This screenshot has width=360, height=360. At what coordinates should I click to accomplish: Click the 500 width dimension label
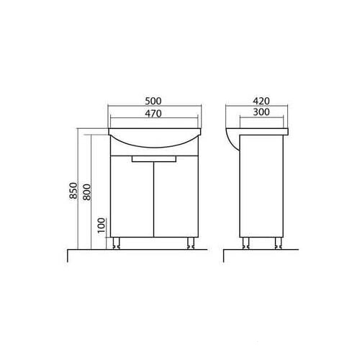tap(153, 101)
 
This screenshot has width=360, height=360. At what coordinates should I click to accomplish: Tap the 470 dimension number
tap(153, 113)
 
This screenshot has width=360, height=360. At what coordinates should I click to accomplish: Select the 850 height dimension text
tap(74, 191)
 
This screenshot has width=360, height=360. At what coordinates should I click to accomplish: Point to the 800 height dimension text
tap(86, 192)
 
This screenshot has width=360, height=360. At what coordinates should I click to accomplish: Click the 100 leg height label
tap(102, 225)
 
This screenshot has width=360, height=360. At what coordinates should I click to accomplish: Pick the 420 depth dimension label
tap(261, 101)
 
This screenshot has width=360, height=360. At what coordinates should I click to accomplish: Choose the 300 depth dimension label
tap(261, 112)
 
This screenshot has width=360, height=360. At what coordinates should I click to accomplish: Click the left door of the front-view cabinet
tap(132, 197)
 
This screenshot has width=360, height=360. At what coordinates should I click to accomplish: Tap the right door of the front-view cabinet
tap(176, 197)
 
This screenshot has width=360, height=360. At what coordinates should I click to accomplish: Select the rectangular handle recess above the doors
tap(154, 158)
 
